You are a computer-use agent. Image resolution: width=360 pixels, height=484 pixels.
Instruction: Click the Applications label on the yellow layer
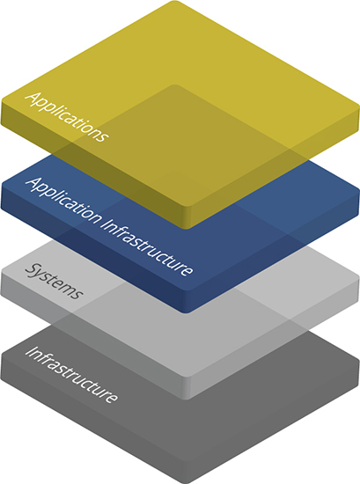(67, 117)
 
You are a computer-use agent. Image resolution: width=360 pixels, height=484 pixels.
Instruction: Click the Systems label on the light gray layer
(54, 282)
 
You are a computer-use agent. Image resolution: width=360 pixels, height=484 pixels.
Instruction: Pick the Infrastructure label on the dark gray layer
(71, 375)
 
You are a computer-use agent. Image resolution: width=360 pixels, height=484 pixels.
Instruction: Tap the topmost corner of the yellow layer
(175, 1)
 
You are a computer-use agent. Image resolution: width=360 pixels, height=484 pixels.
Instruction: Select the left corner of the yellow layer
(1, 102)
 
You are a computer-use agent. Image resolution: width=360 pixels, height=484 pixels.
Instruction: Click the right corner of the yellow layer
(359, 106)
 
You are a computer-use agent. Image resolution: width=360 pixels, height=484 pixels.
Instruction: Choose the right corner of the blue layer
(359, 191)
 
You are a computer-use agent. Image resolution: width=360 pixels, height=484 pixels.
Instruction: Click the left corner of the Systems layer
(1, 273)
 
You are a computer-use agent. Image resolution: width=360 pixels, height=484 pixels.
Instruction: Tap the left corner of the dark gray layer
(1, 358)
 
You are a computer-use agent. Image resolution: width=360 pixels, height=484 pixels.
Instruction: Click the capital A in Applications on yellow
(33, 99)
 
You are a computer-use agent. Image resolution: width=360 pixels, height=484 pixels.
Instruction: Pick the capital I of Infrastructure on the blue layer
(104, 224)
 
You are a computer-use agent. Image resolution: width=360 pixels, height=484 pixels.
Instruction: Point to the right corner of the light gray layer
(359, 277)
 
